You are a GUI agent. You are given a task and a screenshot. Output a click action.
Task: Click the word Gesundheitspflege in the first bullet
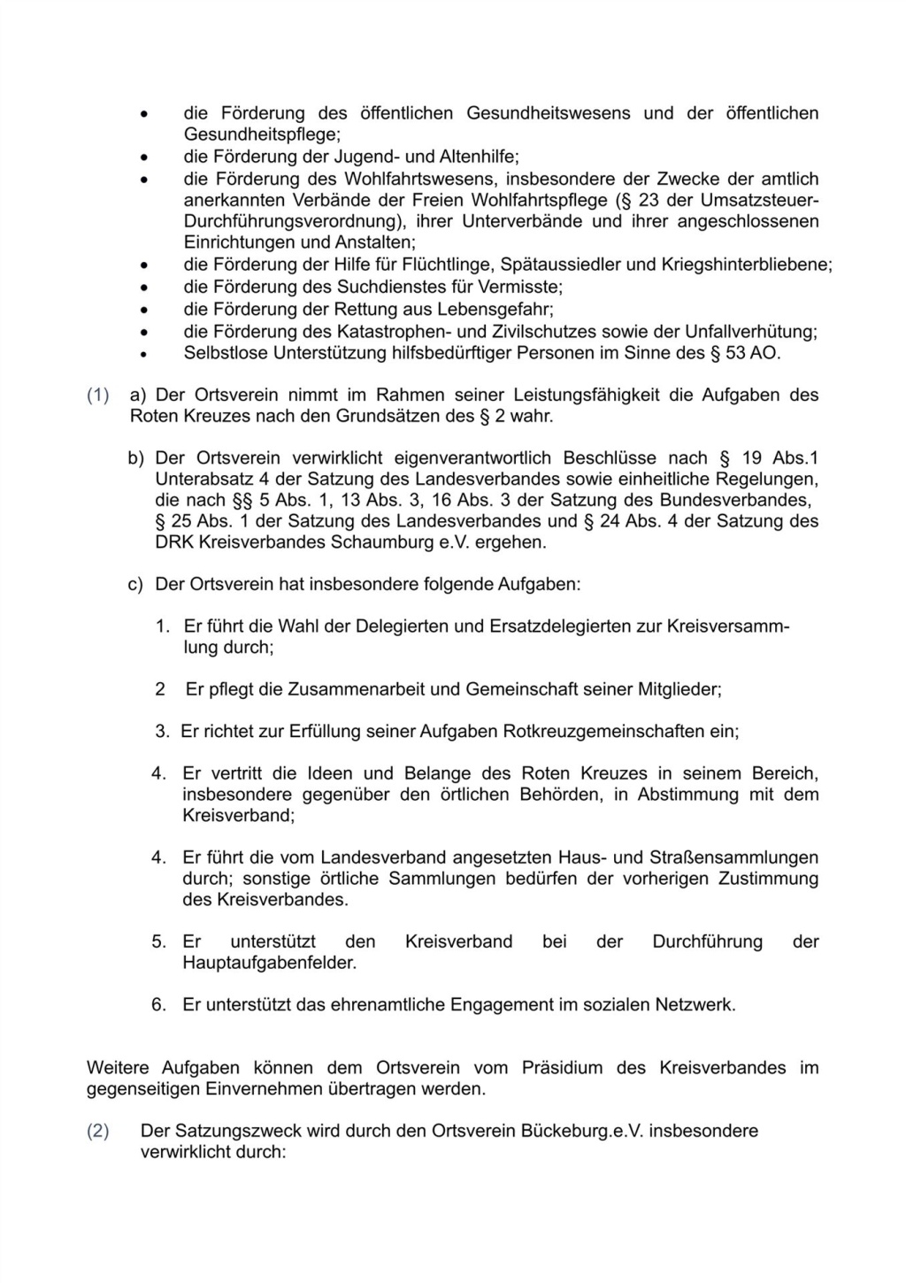tap(260, 134)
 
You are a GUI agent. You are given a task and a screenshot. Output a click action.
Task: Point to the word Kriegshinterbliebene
tap(747, 265)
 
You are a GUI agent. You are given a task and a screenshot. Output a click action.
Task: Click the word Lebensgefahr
tap(501, 310)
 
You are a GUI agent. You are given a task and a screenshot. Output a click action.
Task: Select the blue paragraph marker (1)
tap(97, 396)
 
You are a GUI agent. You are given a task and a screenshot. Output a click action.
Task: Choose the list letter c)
tap(135, 585)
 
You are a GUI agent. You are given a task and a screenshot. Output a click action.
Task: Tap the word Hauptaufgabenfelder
tap(269, 963)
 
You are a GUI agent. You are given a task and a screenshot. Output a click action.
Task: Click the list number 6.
tap(158, 1005)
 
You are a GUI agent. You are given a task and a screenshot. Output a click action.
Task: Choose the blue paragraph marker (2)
tap(97, 1132)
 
